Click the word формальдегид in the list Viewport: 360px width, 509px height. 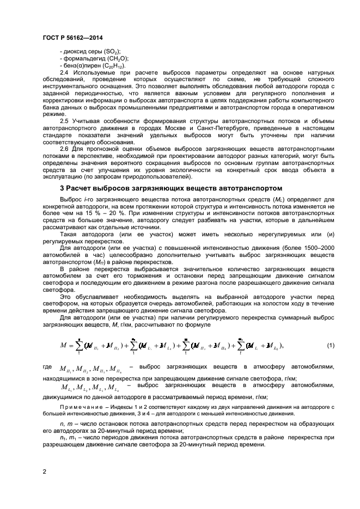84,58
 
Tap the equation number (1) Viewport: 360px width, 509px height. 330,346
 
